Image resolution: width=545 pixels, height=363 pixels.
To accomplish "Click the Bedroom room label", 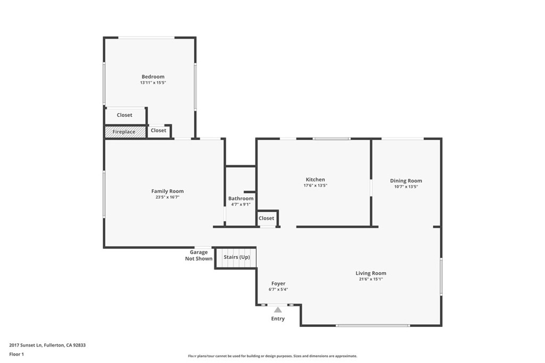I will (153, 77).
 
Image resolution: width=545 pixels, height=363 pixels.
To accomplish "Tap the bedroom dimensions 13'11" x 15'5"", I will (153, 83).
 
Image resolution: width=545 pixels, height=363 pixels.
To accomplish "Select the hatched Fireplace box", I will (124, 132).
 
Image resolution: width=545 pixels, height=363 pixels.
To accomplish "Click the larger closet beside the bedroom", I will (125, 115).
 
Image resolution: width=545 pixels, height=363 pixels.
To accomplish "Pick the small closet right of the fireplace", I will (158, 131).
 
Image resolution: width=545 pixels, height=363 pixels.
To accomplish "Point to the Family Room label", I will (167, 191).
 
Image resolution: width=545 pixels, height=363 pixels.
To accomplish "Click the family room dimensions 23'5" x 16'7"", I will (167, 198).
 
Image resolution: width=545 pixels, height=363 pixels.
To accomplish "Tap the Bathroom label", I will (241, 198).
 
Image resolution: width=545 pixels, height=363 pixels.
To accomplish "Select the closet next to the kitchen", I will (267, 218).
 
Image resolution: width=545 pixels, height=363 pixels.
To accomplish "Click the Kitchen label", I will (315, 180).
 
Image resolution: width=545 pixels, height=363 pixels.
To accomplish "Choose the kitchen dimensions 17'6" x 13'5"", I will (315, 186).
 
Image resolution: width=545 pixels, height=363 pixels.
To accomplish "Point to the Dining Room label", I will (406, 181).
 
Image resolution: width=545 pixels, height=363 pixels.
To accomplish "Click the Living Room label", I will (371, 273).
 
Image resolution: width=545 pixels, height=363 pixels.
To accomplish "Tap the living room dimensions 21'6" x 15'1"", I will (371, 280).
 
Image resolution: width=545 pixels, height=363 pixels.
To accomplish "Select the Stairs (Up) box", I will (236, 258).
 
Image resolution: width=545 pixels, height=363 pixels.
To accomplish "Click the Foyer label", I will (278, 284).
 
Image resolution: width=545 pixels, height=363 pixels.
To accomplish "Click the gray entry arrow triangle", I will (278, 309).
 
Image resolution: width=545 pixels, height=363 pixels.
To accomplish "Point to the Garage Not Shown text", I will (199, 256).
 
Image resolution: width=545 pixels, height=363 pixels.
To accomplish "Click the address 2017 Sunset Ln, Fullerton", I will (47, 345).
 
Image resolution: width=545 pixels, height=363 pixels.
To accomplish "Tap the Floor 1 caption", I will (16, 354).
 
